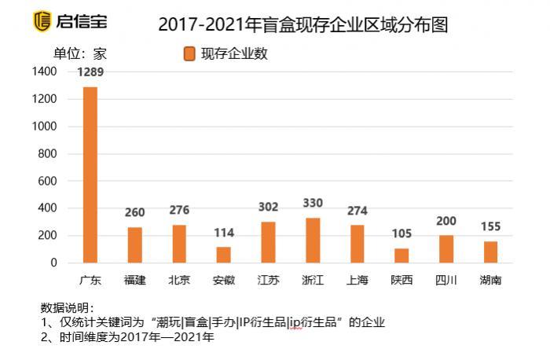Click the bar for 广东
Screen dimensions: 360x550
(90, 174)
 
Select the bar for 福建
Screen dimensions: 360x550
(135, 244)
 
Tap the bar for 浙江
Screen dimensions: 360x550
(313, 240)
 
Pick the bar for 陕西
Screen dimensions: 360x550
(401, 255)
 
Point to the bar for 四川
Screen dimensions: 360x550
(446, 248)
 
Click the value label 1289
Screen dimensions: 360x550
(90, 72)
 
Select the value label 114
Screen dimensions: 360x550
(224, 233)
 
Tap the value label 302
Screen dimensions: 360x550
(269, 207)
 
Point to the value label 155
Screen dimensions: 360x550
(490, 227)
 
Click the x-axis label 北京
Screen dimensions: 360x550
(179, 280)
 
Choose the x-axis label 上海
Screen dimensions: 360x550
(357, 280)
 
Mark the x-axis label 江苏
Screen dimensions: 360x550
(268, 280)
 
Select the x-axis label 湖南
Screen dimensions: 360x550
(490, 280)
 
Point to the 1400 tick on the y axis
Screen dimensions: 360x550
(44, 72)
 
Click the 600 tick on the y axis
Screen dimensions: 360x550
(48, 181)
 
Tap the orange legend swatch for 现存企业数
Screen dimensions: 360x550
(189, 53)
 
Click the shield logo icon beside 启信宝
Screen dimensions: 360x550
(42, 21)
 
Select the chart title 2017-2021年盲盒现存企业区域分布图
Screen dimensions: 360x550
(302, 24)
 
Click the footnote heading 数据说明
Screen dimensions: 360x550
(67, 307)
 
